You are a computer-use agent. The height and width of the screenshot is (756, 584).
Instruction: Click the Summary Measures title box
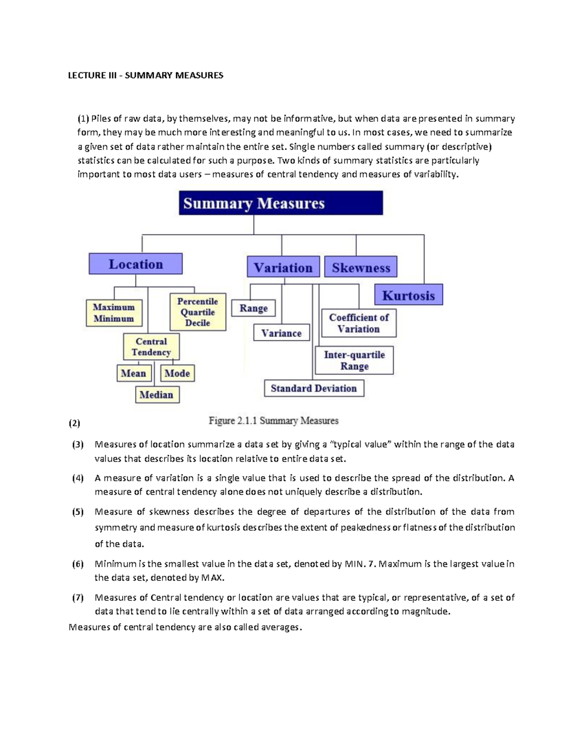pyautogui.click(x=281, y=203)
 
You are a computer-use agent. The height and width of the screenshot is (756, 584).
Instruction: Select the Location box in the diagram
pyautogui.click(x=135, y=264)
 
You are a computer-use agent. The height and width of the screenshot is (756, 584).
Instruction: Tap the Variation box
pyautogui.click(x=283, y=267)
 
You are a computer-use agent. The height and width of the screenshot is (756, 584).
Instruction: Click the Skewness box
pyautogui.click(x=361, y=267)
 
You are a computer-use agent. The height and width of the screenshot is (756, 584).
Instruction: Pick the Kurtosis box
pyautogui.click(x=408, y=295)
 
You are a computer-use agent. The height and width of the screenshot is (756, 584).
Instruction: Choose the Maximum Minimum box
pyautogui.click(x=114, y=313)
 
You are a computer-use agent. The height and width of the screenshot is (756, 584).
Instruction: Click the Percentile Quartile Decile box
pyautogui.click(x=198, y=312)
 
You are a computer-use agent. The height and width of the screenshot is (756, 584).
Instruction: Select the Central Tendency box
pyautogui.click(x=151, y=347)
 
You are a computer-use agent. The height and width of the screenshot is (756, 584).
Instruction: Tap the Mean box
pyautogui.click(x=133, y=373)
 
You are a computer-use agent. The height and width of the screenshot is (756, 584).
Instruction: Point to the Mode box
pyautogui.click(x=177, y=373)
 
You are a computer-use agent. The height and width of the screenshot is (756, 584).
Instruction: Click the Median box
pyautogui.click(x=157, y=395)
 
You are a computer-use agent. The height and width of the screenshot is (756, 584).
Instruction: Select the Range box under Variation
pyautogui.click(x=253, y=308)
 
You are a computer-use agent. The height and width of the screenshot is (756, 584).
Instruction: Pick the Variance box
pyautogui.click(x=281, y=333)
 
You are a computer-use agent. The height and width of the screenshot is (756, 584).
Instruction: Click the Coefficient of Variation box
pyautogui.click(x=359, y=323)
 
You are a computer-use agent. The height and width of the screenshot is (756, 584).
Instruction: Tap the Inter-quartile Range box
pyautogui.click(x=354, y=360)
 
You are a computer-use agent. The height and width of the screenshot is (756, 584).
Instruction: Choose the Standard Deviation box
pyautogui.click(x=314, y=388)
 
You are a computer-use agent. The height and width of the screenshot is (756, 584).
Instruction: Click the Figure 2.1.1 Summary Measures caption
pyautogui.click(x=274, y=421)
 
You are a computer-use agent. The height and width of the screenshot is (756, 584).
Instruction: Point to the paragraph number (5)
pyautogui.click(x=78, y=512)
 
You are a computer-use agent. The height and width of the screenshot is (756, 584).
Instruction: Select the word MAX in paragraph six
pyautogui.click(x=212, y=578)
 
